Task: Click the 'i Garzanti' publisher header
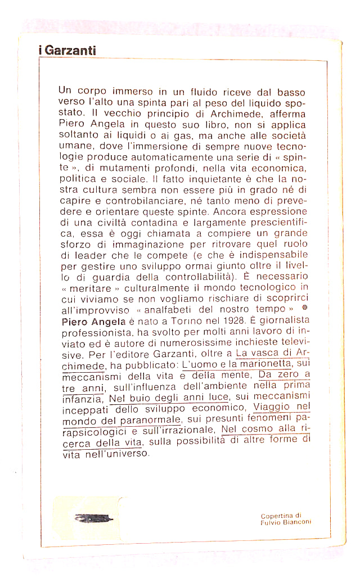pyautogui.click(x=67, y=51)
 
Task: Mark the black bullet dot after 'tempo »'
pyautogui.click(x=304, y=309)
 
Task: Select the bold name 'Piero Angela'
pyautogui.click(x=88, y=320)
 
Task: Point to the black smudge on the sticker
pyautogui.click(x=93, y=518)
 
